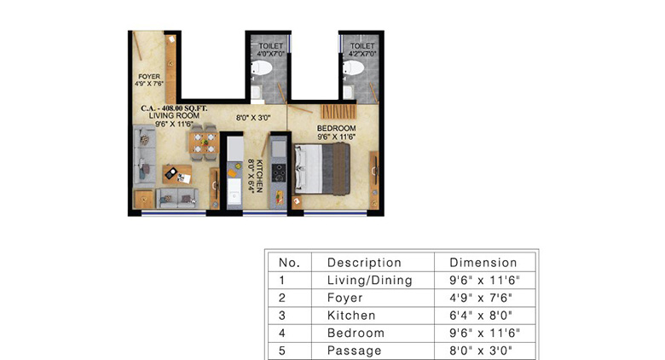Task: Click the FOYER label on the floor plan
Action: pos(149,77)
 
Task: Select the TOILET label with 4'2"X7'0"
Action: pos(362,46)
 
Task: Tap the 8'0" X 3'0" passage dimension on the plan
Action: pos(253,118)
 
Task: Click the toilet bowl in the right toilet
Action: pos(353,67)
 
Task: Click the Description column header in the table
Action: pos(364,263)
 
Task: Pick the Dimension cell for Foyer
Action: pos(483,298)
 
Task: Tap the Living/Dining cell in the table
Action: pos(369,280)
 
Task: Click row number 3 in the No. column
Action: pos(281,316)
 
